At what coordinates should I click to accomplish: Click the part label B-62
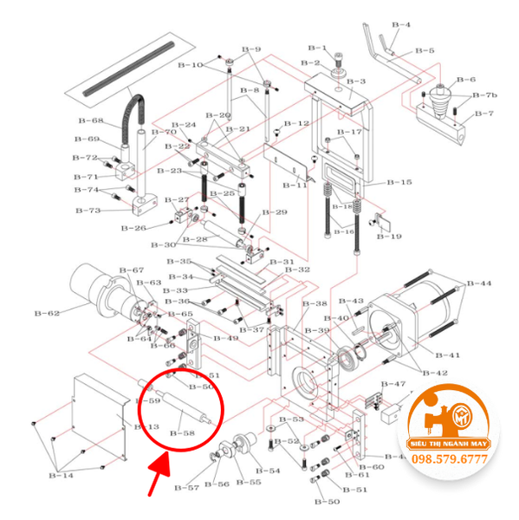pos(47,313)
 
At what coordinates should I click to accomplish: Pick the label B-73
pos(88,211)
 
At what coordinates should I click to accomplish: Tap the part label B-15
pos(399,183)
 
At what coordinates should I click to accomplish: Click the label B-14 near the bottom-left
pos(61,475)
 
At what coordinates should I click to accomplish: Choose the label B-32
pos(298,270)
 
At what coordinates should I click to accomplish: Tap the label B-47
pos(393,384)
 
